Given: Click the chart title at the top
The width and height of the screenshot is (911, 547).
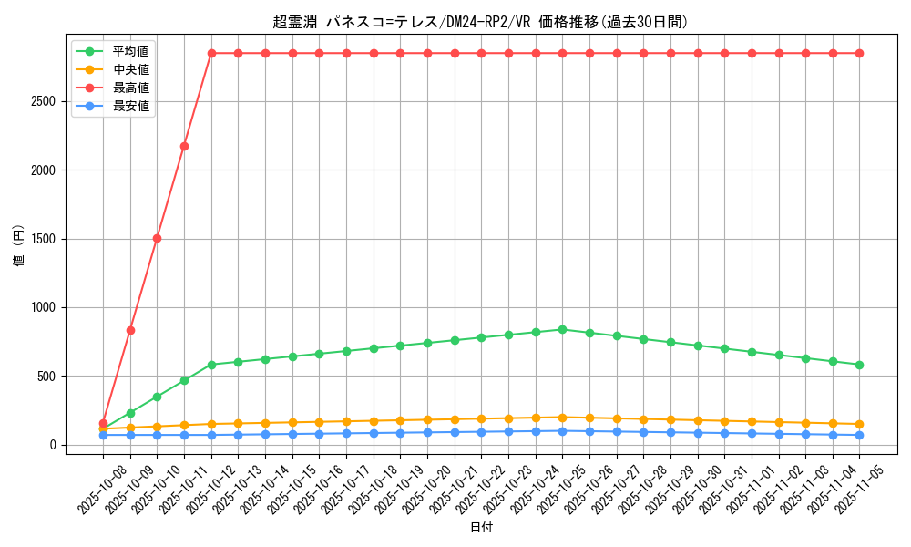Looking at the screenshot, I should click(480, 22).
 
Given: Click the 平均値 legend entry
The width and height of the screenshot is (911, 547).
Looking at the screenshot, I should click(130, 51).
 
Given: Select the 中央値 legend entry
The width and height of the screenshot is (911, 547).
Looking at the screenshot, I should click(130, 69).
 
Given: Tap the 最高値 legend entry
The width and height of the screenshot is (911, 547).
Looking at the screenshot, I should click(130, 88).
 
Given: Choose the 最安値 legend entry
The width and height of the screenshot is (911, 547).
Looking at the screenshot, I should click(130, 106).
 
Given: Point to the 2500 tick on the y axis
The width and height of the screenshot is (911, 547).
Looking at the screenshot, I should click(44, 101).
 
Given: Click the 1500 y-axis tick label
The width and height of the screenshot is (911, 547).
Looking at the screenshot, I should click(44, 239).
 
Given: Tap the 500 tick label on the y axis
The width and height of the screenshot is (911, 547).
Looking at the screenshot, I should click(47, 377).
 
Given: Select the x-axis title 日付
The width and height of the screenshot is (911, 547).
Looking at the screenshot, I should click(480, 528).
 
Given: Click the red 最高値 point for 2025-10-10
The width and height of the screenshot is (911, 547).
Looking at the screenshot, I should click(157, 238).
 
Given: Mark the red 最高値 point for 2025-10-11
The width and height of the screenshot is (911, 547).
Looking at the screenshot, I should click(184, 146).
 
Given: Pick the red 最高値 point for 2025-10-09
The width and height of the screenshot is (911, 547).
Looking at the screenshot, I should click(130, 330).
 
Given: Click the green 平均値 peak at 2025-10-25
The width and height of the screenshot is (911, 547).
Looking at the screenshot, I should click(562, 329).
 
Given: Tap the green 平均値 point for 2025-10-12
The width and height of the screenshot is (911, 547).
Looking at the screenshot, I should click(211, 365).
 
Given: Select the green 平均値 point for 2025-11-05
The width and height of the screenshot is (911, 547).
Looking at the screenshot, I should click(859, 365).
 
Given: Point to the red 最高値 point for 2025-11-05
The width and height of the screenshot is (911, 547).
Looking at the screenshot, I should click(859, 53).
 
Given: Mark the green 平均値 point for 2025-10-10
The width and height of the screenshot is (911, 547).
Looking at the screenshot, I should click(157, 397).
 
